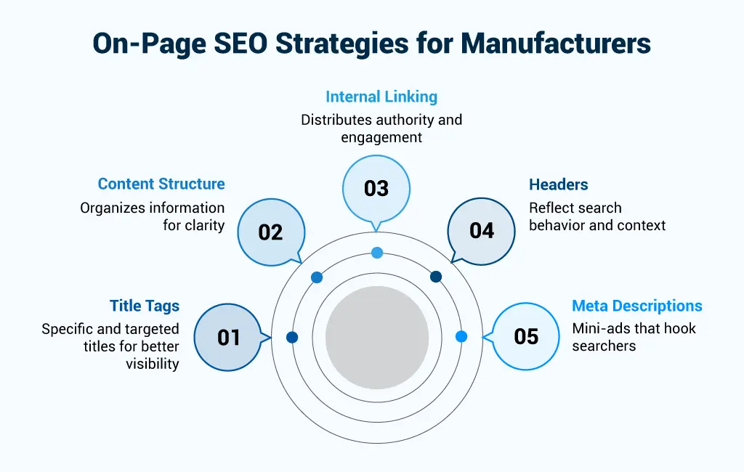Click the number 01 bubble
pos(228,337)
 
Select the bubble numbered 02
pos(270,232)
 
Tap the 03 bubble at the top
pos(376,189)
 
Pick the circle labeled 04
pos(481,231)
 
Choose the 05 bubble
pos(526,336)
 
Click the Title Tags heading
pos(145,306)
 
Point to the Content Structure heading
pos(161,184)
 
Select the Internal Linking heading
pos(381,97)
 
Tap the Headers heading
pos(558,184)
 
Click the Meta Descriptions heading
pos(637,306)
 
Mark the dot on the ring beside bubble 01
pos(292,337)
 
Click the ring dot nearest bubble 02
pos(317,277)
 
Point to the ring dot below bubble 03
pos(376,253)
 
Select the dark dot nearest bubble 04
pos(436,277)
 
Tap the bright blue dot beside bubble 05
pos(461,336)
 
